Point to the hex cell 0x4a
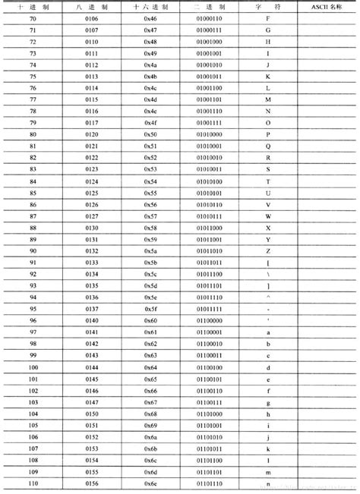click(150, 65)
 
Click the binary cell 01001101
click(208, 99)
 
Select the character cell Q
click(268, 145)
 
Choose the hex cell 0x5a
click(150, 250)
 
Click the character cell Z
click(268, 250)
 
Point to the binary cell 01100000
click(208, 319)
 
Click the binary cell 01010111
click(208, 215)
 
